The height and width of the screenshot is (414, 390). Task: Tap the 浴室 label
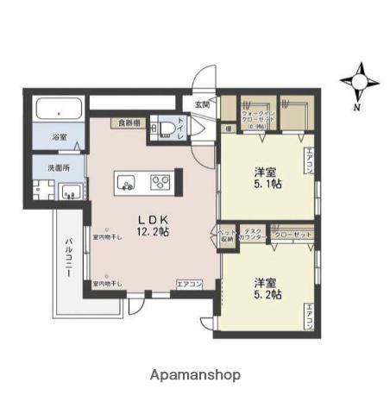point(59,137)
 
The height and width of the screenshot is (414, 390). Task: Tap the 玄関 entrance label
point(202,104)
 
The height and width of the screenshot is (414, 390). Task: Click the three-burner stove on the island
point(160,181)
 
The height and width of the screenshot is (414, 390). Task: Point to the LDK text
point(154,218)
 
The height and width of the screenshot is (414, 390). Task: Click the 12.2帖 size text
point(152,232)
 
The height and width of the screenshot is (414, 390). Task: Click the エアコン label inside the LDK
point(189,283)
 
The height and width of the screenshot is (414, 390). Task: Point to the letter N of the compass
point(357,108)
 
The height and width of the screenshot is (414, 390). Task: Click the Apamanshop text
point(195,375)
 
